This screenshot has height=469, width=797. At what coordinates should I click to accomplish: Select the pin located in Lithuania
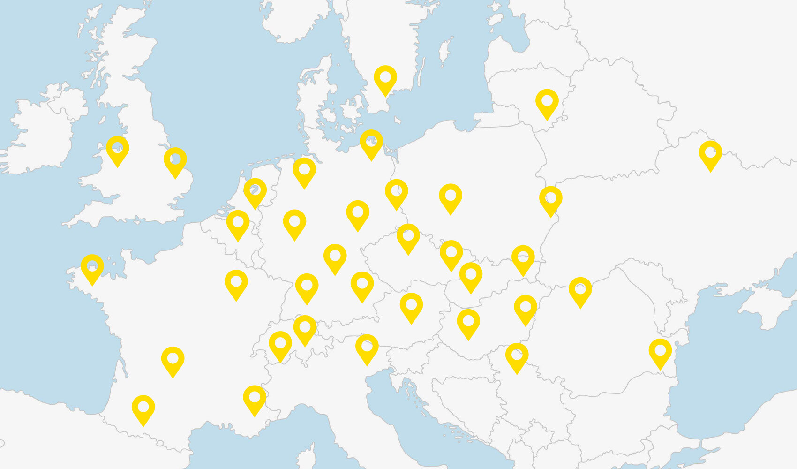click(x=547, y=102)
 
